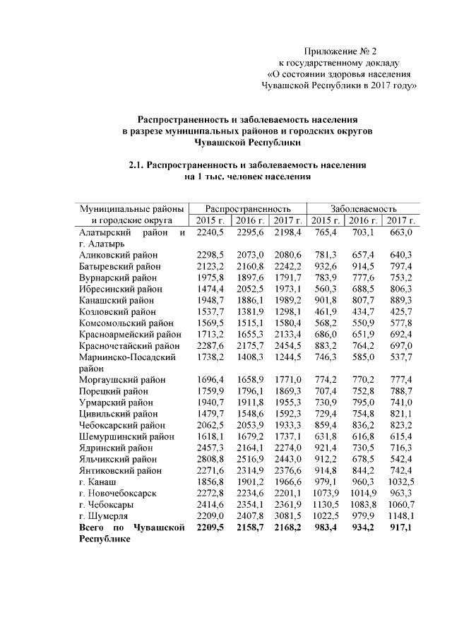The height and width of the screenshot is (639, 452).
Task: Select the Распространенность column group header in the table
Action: click(248, 209)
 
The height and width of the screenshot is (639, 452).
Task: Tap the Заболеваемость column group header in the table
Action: click(364, 209)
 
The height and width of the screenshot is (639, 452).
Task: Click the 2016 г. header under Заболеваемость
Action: click(363, 221)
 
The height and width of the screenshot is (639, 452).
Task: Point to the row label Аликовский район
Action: click(119, 255)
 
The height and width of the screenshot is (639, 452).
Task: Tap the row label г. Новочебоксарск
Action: click(118, 493)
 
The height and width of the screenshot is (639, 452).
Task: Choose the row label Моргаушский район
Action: click(121, 380)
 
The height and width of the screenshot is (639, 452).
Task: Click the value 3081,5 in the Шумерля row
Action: click(287, 517)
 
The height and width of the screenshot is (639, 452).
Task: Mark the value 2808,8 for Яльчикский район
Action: click(210, 458)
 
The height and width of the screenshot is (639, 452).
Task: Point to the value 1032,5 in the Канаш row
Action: click(399, 481)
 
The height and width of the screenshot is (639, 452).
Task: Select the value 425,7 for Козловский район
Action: click(400, 311)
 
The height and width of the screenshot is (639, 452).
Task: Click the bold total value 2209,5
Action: click(210, 528)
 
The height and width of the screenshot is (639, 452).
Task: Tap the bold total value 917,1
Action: click(400, 528)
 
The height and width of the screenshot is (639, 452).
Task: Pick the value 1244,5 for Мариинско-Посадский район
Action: click(287, 357)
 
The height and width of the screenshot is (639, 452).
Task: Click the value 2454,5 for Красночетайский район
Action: click(287, 345)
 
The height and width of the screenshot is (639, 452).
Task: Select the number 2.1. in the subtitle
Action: click(138, 165)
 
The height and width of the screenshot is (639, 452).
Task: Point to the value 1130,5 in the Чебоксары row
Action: click(325, 505)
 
